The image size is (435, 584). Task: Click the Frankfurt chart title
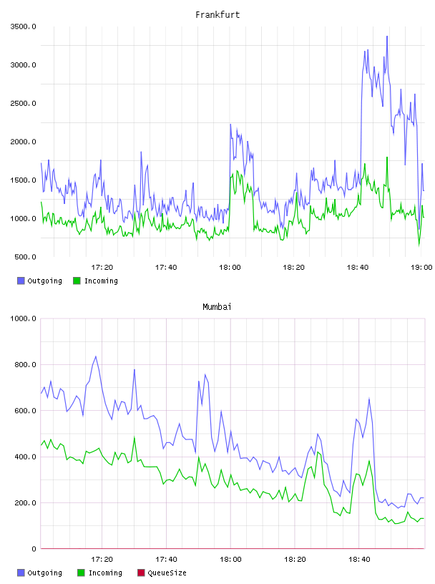coord(217,15)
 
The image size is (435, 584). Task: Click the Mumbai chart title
coord(217,307)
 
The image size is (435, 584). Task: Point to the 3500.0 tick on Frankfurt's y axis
coord(23,26)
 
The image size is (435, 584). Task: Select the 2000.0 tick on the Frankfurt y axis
coord(23,142)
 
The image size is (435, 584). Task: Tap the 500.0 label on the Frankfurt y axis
coord(25,257)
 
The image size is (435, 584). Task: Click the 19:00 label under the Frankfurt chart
coord(421,267)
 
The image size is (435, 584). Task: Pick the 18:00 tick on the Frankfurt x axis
coord(230,267)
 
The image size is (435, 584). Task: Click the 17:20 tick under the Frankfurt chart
coord(102,267)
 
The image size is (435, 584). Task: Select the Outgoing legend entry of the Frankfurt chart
coord(39,281)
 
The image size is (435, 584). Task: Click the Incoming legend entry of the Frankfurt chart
coord(95,281)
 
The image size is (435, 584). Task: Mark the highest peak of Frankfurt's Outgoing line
coord(387,36)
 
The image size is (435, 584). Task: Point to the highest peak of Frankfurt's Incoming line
coord(387,157)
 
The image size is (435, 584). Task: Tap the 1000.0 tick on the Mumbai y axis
coord(23,318)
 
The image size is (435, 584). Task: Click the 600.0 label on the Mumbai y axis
coord(25,410)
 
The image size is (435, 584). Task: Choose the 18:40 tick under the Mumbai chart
coord(359,559)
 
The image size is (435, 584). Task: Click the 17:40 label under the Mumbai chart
coord(166,559)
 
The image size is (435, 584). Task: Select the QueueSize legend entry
coord(162,573)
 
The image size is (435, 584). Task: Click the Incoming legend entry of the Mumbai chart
coord(99,573)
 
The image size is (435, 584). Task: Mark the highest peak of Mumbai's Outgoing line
coord(96,356)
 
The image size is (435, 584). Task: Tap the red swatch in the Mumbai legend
coord(141,573)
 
